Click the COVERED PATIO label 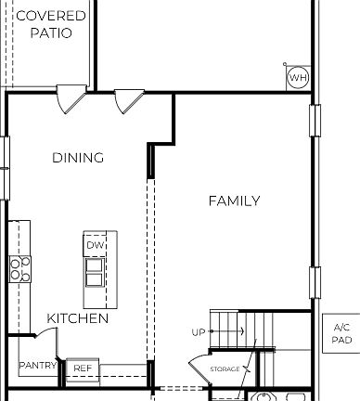click(x=51, y=23)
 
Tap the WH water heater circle click(x=297, y=78)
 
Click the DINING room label click(x=78, y=158)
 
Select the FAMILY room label click(x=234, y=201)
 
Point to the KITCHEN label click(x=78, y=318)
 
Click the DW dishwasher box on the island click(x=96, y=245)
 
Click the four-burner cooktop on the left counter click(x=19, y=268)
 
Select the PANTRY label click(x=38, y=366)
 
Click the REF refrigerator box click(x=83, y=369)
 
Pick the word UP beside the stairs click(x=199, y=332)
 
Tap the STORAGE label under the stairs click(x=225, y=369)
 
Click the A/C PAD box click(x=341, y=334)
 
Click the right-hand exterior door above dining click(x=128, y=100)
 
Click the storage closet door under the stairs click(x=199, y=365)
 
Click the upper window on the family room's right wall click(x=315, y=119)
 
